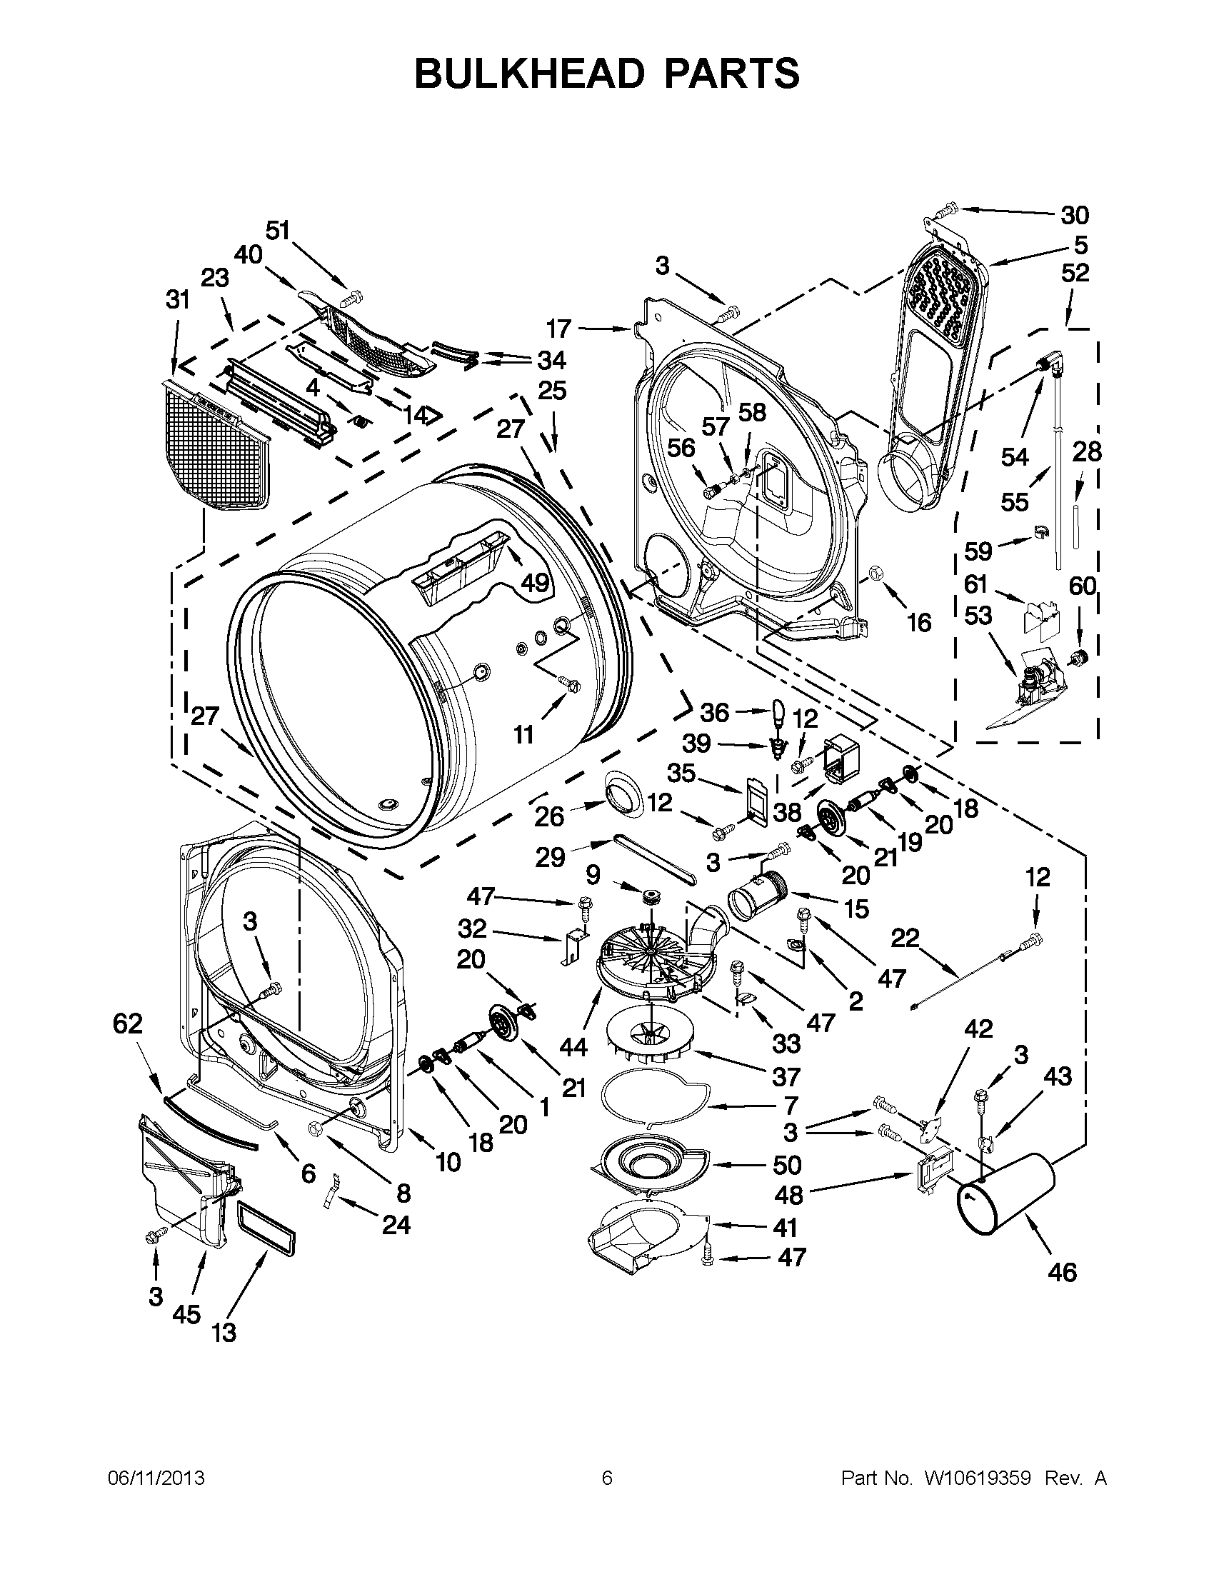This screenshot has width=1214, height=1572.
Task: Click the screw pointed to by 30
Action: [x=945, y=210]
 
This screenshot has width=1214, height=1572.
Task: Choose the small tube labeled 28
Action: [x=1076, y=528]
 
